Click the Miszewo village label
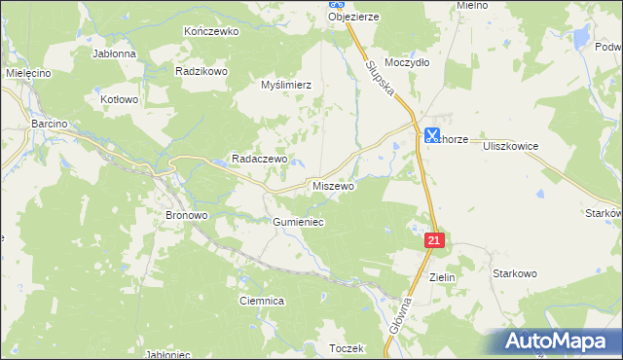tap(333, 185)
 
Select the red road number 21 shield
tap(434, 239)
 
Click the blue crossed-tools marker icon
tap(432, 136)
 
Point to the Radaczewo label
tap(258, 159)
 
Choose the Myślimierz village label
tap(286, 85)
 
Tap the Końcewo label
tap(211, 31)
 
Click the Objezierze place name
tap(353, 17)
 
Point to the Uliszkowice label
tap(511, 144)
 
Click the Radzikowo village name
tap(201, 71)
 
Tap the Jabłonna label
tap(114, 54)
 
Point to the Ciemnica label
tap(262, 302)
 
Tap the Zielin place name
tap(442, 276)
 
